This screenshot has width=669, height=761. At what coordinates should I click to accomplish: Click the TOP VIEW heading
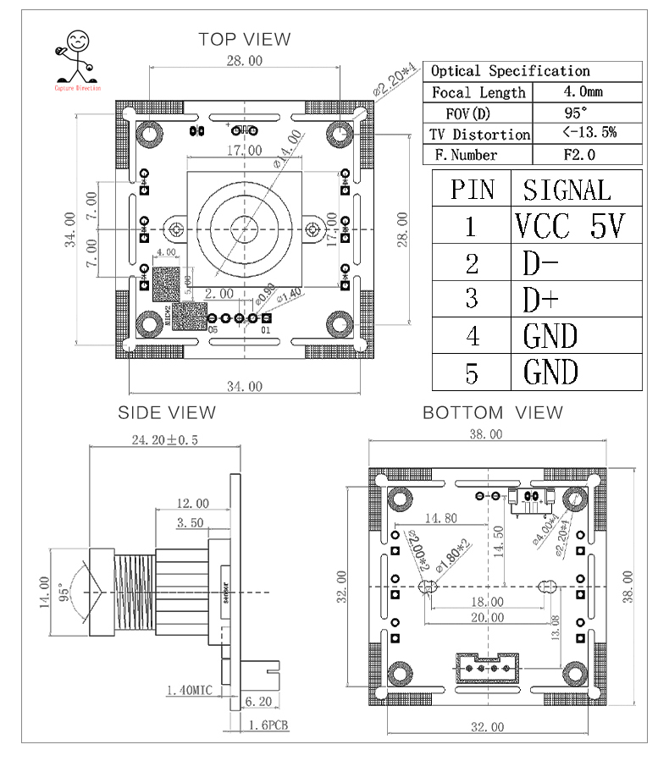pyautogui.click(x=244, y=39)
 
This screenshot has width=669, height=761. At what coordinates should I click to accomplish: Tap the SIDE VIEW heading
pyautogui.click(x=166, y=412)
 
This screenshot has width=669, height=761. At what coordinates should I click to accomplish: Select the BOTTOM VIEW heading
pyautogui.click(x=492, y=412)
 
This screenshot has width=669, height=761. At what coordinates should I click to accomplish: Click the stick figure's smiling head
pyautogui.click(x=78, y=41)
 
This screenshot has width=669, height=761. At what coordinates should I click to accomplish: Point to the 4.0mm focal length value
pyautogui.click(x=583, y=91)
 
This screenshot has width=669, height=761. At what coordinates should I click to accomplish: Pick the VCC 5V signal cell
pyautogui.click(x=569, y=226)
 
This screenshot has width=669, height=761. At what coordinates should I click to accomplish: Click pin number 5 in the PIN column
pyautogui.click(x=472, y=372)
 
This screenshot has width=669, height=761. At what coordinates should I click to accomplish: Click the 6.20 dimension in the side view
pyautogui.click(x=257, y=701)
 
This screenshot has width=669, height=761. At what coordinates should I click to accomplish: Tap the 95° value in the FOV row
pyautogui.click(x=575, y=113)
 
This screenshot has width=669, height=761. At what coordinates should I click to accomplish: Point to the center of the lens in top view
pyautogui.click(x=245, y=228)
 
